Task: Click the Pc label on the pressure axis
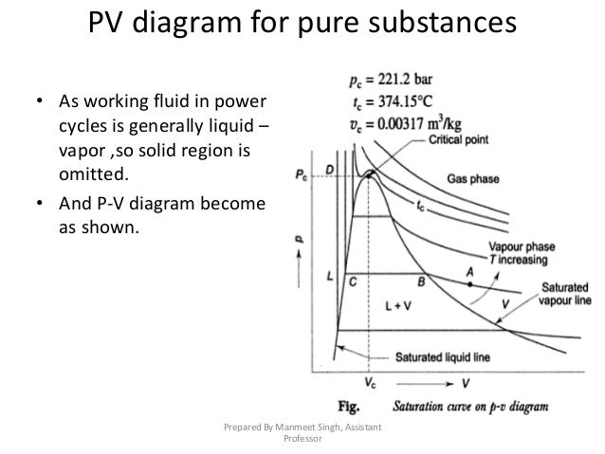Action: pyautogui.click(x=300, y=174)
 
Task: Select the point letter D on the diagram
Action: pyautogui.click(x=330, y=170)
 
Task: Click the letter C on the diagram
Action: pyautogui.click(x=353, y=281)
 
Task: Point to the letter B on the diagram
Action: pyautogui.click(x=420, y=281)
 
